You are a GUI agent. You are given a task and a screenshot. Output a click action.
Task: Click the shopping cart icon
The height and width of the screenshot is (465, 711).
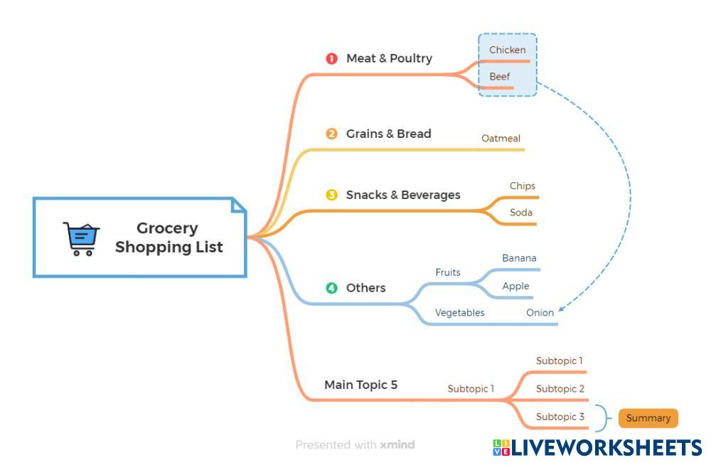pos(81,238)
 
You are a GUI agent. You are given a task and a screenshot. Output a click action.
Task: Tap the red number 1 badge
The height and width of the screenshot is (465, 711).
pos(331,58)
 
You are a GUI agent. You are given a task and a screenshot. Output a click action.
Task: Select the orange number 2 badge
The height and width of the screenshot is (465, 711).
pos(331,134)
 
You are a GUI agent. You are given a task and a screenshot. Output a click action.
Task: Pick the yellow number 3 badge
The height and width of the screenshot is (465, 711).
pos(331,195)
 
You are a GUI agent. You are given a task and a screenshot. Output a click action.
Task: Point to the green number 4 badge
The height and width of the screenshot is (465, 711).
pos(331,288)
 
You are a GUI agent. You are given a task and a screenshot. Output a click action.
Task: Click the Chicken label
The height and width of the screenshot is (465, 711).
pos(507,50)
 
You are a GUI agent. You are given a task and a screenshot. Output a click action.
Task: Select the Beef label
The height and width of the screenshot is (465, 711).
pos(499,76)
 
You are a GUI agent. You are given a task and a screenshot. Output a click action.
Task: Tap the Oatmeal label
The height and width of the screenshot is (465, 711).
pos(501,139)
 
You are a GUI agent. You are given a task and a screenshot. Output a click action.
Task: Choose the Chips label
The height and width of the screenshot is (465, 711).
pos(522,186)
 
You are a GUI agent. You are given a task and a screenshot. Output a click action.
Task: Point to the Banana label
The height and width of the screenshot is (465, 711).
pos(519,258)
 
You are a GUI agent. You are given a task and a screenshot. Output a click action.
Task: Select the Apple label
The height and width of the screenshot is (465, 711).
pos(515,287)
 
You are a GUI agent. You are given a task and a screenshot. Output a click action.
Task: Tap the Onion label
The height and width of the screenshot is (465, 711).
pos(540,313)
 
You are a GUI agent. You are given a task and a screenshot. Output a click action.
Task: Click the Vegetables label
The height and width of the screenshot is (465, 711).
pos(459,313)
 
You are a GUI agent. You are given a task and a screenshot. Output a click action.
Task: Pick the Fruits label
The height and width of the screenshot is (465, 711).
pos(447,272)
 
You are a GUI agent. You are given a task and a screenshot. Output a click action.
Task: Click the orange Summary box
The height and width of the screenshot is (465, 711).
pos(648,418)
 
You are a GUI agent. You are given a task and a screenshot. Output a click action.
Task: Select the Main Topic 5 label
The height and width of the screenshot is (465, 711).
pos(360,385)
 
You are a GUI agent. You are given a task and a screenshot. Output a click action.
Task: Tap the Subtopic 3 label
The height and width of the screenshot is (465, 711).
pos(560,417)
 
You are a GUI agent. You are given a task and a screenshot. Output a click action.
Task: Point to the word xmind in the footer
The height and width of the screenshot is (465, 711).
pos(397,445)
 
